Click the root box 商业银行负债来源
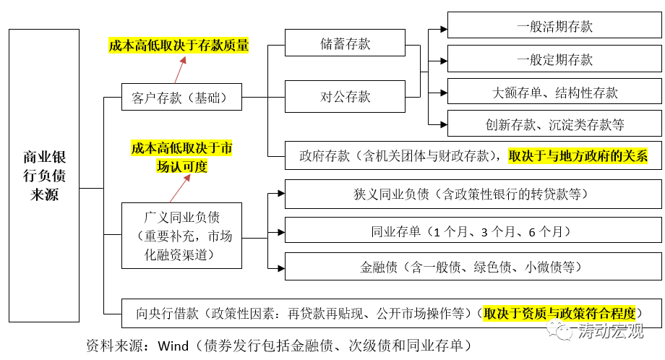click(x=44, y=176)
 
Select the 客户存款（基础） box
click(x=181, y=98)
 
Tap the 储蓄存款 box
click(x=345, y=43)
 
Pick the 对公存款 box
click(x=345, y=96)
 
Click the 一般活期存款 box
click(x=554, y=27)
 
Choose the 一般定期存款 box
click(x=554, y=60)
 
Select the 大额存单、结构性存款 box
click(x=554, y=93)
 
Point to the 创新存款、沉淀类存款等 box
click(x=554, y=124)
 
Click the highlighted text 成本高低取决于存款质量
click(x=179, y=46)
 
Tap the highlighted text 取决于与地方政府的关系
click(x=578, y=155)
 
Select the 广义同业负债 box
click(x=181, y=236)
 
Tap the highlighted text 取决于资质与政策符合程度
click(x=560, y=314)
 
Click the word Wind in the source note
click(x=173, y=345)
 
